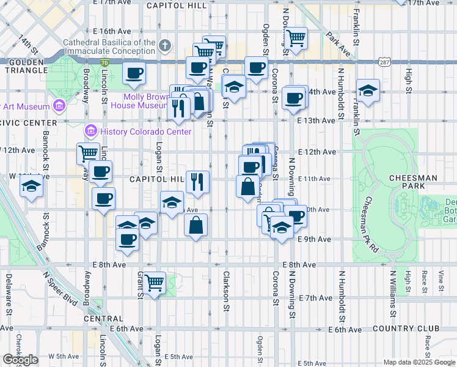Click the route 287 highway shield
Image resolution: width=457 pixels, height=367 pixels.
coord(383,62)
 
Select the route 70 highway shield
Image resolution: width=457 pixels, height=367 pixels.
coord(104,62)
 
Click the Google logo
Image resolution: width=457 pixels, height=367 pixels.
coord(20,360)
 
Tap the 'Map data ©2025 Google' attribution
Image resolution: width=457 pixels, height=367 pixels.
coord(419,362)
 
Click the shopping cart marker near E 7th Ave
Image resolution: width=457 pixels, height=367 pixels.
coord(155,283)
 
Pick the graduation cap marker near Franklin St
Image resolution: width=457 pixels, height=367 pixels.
coord(368,91)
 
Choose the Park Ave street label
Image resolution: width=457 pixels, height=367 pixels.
coord(342,44)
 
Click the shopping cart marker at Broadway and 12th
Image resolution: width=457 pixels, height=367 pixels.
coord(89,153)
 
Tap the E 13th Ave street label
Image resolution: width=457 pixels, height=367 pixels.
coord(316,121)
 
